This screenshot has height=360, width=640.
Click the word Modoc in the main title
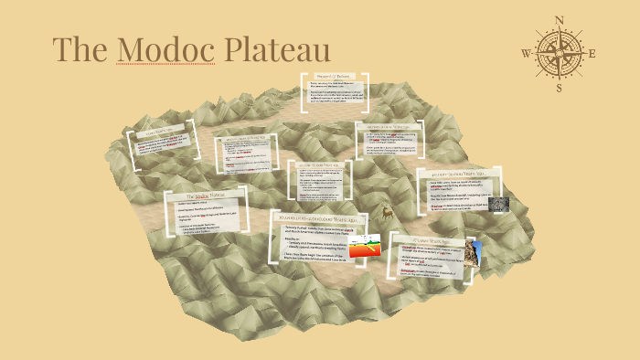(164, 49)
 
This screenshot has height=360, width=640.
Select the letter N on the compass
(560, 20)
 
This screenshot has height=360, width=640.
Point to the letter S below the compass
(560, 89)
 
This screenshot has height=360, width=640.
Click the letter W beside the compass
(527, 53)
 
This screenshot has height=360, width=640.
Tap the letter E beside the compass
(592, 53)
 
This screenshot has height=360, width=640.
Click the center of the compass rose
(560, 53)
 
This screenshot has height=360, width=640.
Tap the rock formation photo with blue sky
(473, 252)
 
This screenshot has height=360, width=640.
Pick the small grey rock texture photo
(498, 205)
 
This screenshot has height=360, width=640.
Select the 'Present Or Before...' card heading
(335, 78)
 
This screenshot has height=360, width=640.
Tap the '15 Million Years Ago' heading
(434, 236)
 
